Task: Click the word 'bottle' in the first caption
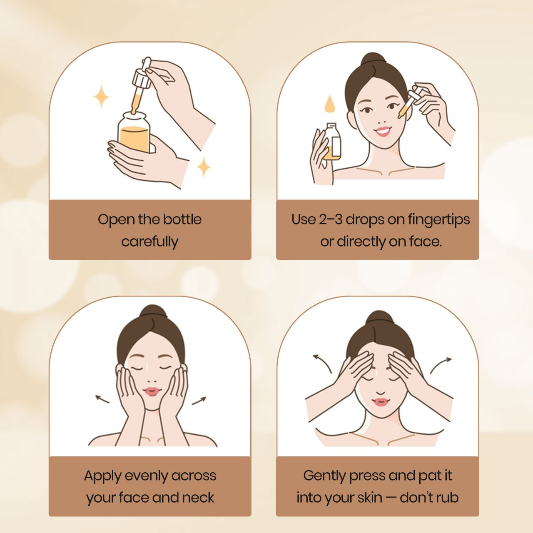pos(182,219)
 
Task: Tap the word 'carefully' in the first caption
pos(149,242)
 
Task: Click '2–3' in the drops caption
pos(331,219)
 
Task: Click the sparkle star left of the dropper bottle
pos(101,96)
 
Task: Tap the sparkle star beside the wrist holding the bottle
pos(204,167)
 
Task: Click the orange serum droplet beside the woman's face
pos(329,104)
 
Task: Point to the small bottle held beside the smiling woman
pos(332,142)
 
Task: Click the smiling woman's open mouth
pos(383,132)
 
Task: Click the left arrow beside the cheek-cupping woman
pos(102,399)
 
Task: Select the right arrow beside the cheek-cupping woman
pos(199,401)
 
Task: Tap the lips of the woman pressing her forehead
pos(381,401)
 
